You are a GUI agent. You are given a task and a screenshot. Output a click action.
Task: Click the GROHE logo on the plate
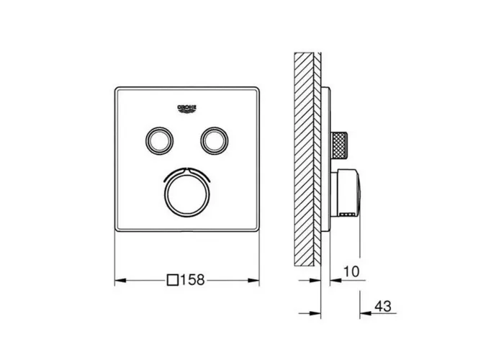pos(186,109)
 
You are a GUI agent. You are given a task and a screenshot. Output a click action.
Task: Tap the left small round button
pos(159,140)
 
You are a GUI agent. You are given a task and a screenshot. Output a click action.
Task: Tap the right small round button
pos(215,140)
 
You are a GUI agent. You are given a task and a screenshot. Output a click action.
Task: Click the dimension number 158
pos(192,280)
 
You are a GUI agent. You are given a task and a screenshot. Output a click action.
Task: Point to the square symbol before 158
pos(173,280)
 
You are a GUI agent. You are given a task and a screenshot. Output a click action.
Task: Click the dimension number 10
pos(351,271)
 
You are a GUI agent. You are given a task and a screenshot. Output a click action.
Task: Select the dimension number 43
pos(383,306)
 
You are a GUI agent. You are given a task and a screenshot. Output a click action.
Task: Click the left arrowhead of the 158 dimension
pos(120,281)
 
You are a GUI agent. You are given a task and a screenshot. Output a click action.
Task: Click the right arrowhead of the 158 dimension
pos(253,281)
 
